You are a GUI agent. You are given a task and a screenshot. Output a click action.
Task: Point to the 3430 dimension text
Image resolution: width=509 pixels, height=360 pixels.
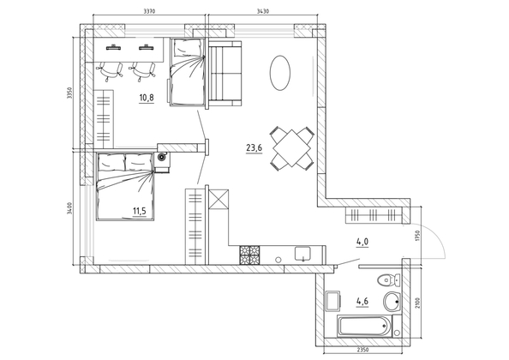[263, 11]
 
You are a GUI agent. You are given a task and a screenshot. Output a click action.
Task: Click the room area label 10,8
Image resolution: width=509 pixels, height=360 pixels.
[147, 97]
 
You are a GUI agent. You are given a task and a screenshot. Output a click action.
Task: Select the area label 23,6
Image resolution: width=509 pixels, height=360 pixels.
[254, 148]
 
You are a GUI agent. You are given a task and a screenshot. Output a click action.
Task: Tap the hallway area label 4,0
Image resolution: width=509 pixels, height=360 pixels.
[362, 241]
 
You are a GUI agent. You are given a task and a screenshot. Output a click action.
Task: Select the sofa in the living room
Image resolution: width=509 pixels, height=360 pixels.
[225, 75]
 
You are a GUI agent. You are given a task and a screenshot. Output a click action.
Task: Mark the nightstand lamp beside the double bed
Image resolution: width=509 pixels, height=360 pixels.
[161, 158]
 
